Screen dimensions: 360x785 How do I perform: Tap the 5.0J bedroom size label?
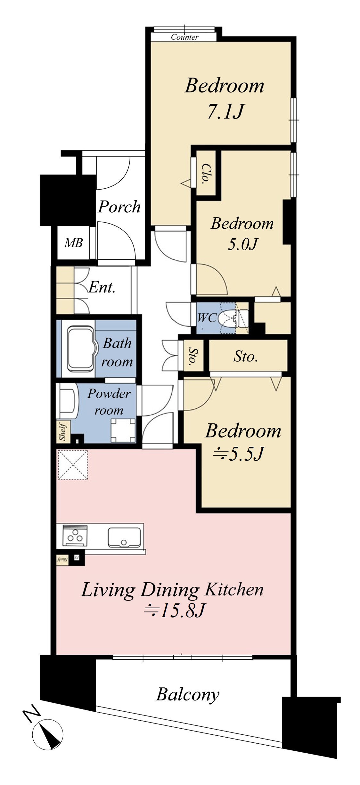click(242, 244)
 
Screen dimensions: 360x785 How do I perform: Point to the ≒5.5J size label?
click(238, 453)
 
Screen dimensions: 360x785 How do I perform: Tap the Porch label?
click(119, 207)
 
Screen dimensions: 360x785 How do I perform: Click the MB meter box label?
click(73, 243)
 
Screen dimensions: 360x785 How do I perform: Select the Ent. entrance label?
click(102, 287)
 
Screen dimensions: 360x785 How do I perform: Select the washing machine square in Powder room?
click(123, 430)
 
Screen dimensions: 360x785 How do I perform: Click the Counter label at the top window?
click(184, 37)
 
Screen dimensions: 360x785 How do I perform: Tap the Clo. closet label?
click(204, 174)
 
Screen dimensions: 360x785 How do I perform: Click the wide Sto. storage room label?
click(245, 356)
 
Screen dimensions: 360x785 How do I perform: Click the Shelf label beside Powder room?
click(62, 432)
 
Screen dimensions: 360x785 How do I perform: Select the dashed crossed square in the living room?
click(73, 464)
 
